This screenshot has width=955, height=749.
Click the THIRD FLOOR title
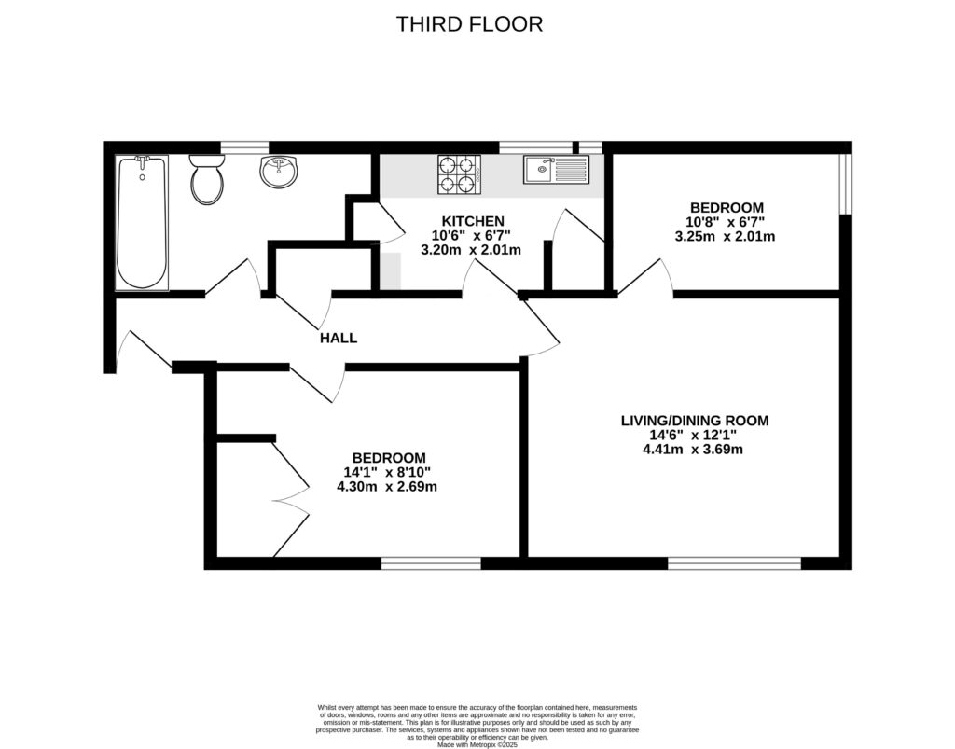point(469,24)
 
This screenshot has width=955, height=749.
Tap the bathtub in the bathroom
point(142,222)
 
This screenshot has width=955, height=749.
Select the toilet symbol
point(207,178)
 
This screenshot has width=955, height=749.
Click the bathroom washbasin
point(278,172)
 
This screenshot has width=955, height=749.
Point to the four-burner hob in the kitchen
point(458,174)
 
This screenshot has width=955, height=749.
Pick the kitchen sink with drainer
point(556,169)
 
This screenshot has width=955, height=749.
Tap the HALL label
point(338,338)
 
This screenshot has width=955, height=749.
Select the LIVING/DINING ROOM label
point(694,421)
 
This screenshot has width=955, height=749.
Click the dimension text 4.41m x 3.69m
point(694,450)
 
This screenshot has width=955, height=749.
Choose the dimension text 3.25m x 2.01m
point(726,236)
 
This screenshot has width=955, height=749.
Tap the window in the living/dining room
point(734,563)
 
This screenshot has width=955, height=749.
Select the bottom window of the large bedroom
point(430,563)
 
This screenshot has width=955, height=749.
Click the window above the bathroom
point(244,146)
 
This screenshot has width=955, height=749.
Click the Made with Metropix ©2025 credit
point(477,742)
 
